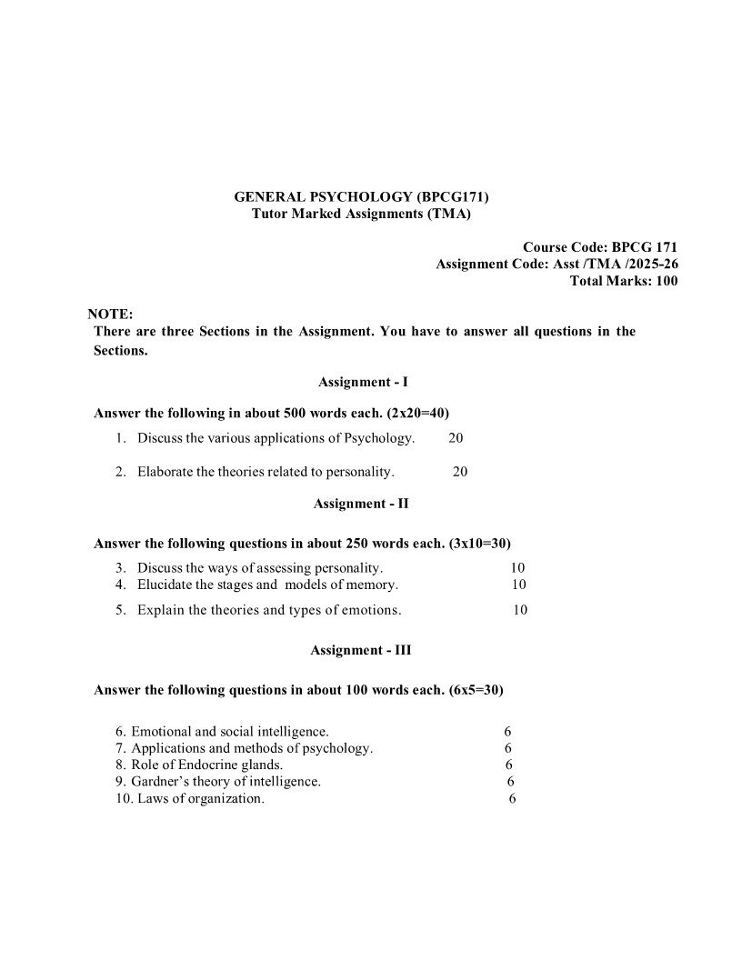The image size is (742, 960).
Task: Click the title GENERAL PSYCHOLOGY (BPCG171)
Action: [x=362, y=195]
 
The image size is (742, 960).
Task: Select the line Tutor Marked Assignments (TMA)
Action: [x=362, y=214]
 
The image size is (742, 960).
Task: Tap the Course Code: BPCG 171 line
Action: [x=600, y=246]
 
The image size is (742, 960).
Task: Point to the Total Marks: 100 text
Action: [x=623, y=281]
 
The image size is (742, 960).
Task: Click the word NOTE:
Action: [x=110, y=314]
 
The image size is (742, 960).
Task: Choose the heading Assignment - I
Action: [x=356, y=383]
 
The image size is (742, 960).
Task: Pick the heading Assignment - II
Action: [x=361, y=503]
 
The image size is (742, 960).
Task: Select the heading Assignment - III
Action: [x=361, y=650]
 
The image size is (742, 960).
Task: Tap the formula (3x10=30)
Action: [x=479, y=544]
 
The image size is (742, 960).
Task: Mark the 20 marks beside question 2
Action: [x=460, y=472]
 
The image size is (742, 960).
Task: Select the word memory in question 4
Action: [x=372, y=585]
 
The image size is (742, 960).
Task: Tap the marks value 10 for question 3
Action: [x=518, y=567]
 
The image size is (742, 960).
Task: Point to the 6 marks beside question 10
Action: [x=513, y=798]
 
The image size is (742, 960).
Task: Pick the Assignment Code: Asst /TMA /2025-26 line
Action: [x=556, y=264]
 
